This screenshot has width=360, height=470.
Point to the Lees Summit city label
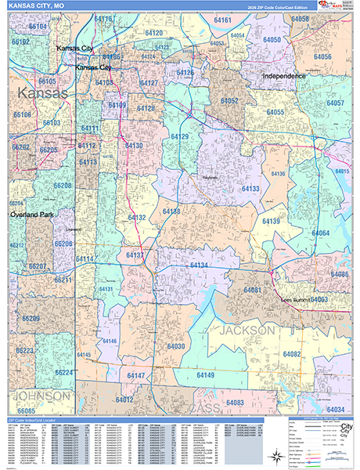click(300, 300)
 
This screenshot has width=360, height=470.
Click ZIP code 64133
click(250, 189)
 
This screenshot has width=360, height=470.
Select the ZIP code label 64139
click(271, 222)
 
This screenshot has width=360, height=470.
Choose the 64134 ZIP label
click(199, 266)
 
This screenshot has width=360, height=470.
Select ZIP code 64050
click(272, 39)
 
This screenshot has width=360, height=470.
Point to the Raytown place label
click(207, 156)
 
